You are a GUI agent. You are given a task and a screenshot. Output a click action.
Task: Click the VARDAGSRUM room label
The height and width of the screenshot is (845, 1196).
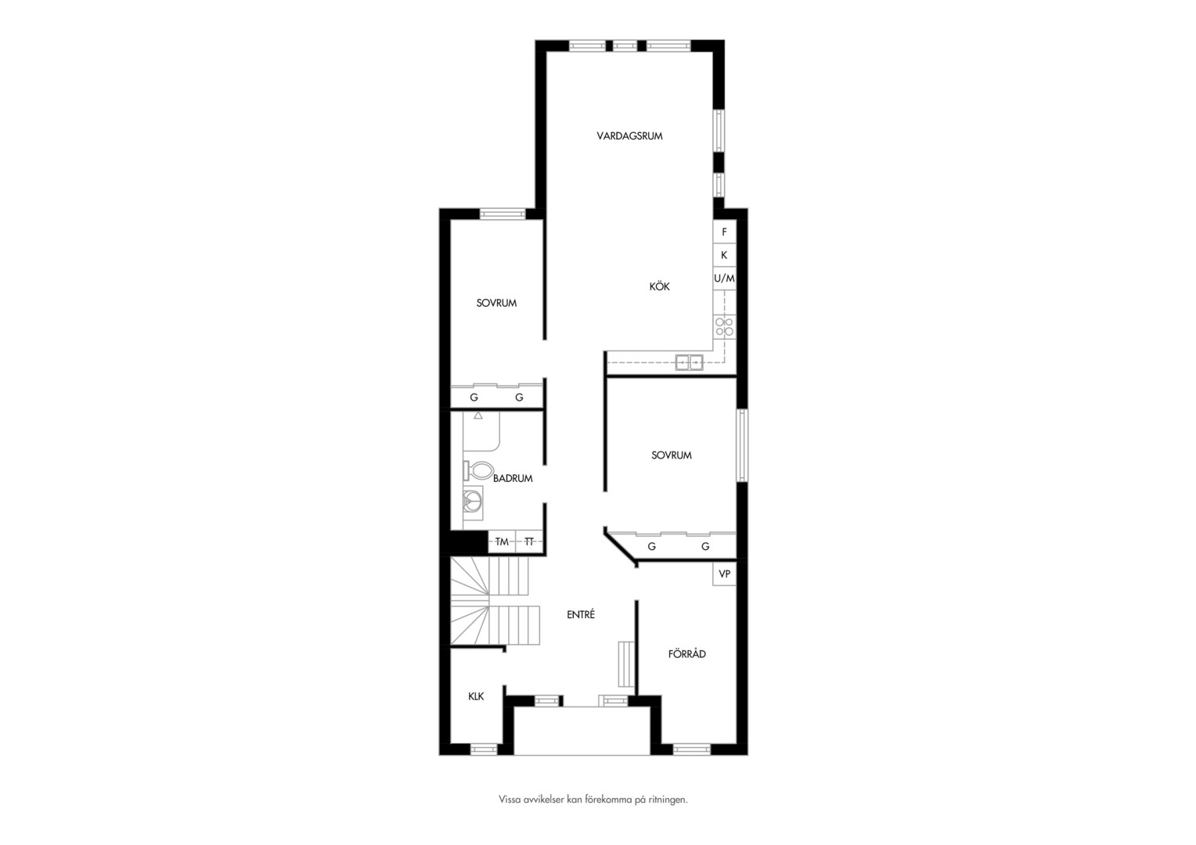pos(629,136)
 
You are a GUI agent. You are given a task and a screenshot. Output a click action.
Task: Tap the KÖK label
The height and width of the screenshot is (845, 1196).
pos(659,286)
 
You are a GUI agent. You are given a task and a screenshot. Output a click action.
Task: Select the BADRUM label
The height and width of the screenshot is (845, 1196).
pos(513,479)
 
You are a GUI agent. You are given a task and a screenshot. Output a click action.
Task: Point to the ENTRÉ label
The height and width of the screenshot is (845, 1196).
pos(581,614)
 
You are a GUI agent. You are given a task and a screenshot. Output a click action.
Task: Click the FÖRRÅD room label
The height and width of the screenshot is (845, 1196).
pos(687,654)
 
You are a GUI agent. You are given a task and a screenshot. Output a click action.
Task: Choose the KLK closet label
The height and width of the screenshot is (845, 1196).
pos(476,696)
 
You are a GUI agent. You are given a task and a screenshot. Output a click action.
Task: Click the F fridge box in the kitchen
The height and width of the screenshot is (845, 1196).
pos(725,232)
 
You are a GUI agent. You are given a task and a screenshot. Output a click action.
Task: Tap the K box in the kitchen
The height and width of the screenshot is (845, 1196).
pos(725,255)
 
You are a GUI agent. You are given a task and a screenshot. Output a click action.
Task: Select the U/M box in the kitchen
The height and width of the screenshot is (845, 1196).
pos(725,278)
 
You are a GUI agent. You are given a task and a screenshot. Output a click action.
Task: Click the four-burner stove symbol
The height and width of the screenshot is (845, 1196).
pos(725,327)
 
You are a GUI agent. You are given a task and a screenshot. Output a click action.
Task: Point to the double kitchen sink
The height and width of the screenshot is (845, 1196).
pos(690,362)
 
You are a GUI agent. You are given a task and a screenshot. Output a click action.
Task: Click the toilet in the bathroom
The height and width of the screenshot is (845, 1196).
pos(478,471)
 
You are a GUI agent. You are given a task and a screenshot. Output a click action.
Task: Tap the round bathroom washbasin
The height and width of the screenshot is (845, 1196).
pos(473,503)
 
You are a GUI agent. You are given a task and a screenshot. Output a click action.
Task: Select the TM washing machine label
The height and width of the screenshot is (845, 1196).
pos(502,541)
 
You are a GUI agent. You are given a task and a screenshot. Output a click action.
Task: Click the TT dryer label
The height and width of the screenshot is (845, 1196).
pos(529,541)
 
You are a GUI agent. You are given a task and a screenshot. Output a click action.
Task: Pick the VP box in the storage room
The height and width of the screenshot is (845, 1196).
pos(725,574)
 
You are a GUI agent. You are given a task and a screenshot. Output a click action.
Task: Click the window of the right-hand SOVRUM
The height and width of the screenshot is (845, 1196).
pos(741,446)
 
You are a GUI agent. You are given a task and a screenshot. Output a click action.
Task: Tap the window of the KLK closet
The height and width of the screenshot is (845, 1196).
pos(484,750)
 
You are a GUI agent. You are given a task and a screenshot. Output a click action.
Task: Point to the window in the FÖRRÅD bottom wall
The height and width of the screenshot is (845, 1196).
pos(692,750)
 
